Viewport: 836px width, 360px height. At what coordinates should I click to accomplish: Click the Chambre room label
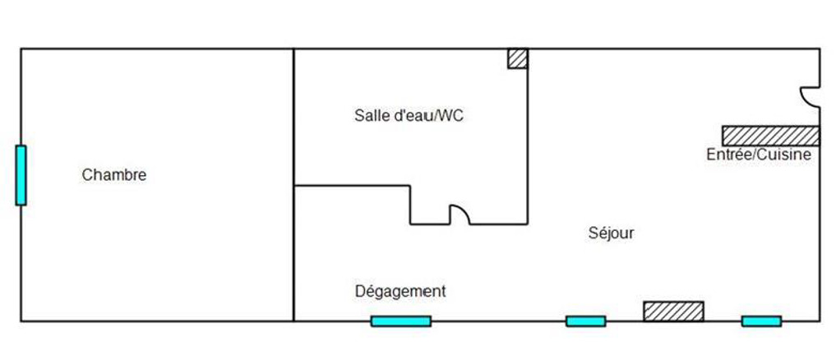pos(114,175)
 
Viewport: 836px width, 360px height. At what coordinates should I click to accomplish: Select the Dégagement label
pos(400,292)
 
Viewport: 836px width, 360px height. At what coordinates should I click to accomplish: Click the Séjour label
pos(612,233)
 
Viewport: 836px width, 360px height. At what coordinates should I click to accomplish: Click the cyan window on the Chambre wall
pos(21,175)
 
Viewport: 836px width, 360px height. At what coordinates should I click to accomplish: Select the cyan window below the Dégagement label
pos(401,321)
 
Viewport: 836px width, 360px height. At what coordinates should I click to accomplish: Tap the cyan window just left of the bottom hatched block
pos(586,321)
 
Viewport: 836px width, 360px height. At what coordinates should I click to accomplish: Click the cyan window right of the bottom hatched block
pos(761,321)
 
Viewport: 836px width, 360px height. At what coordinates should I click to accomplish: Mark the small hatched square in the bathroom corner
pos(517,58)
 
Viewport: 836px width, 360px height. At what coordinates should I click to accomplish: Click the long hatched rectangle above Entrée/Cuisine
pos(771,136)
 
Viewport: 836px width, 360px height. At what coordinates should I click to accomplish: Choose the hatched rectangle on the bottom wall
pos(673,312)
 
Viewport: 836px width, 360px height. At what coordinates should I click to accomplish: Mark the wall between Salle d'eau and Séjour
pos(527,136)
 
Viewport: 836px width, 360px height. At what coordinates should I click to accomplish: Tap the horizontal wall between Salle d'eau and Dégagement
pos(352,186)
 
